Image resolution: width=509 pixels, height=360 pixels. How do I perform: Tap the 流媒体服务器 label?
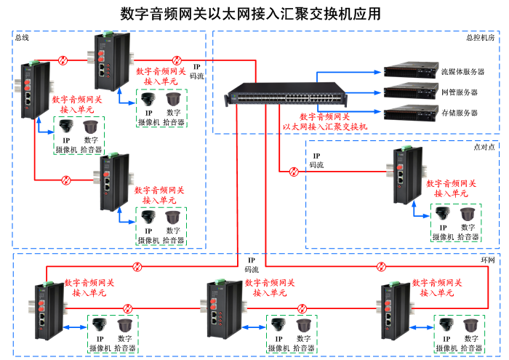pos(462,72)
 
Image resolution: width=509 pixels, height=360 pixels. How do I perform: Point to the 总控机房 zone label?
pos(480,37)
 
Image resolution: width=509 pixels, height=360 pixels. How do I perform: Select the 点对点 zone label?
pos(484,146)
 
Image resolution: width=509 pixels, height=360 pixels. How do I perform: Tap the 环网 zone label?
pos(487,260)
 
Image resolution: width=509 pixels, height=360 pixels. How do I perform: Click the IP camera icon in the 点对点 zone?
pos(443,214)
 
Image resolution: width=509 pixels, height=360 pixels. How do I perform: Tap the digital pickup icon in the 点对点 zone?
pos(468,214)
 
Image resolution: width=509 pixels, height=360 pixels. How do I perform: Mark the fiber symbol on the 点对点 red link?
pos(294,172)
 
